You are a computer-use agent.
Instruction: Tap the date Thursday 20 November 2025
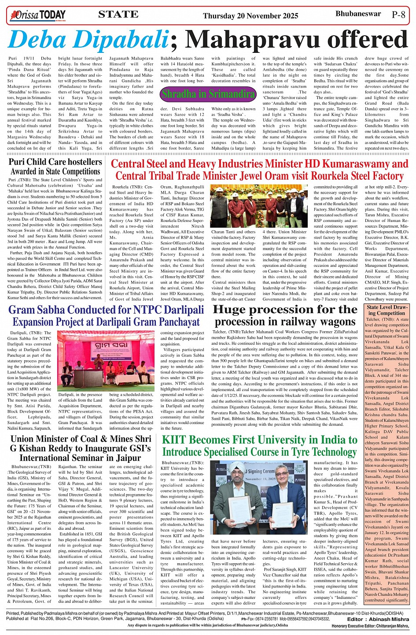(x=250, y=16)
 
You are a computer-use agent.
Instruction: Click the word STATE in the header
(x=118, y=15)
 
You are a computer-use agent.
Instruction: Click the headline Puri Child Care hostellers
(x=55, y=162)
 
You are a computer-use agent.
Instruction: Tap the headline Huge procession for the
(x=284, y=310)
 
